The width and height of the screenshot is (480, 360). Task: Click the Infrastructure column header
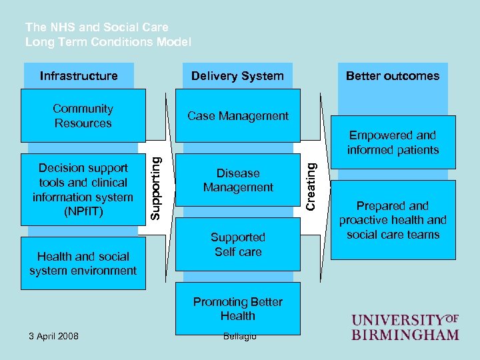coord(79,76)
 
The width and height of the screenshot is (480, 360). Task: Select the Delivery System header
coord(237,76)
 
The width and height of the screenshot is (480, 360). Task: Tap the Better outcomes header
coord(393,76)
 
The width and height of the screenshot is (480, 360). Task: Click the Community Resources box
coord(83,116)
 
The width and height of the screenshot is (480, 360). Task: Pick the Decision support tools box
coord(83,189)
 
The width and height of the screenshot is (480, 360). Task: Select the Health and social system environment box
coord(83,263)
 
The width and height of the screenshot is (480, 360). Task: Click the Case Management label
coord(238,116)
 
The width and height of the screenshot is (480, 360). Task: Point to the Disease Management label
coord(238,181)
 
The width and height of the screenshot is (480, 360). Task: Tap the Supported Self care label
coord(238,245)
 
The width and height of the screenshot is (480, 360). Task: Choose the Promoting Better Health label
coord(238,309)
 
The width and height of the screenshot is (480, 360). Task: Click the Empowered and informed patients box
coord(393,143)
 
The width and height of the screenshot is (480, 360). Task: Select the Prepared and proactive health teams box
coord(393,220)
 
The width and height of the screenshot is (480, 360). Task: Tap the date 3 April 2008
coord(53,335)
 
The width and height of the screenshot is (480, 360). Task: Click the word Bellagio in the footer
coord(238,335)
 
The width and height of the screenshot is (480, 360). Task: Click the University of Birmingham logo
coord(405,327)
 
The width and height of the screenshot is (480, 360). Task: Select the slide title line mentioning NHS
coord(97,27)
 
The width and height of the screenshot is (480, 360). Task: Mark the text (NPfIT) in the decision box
coord(83,211)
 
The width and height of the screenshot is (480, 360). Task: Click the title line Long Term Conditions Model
coord(108,42)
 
